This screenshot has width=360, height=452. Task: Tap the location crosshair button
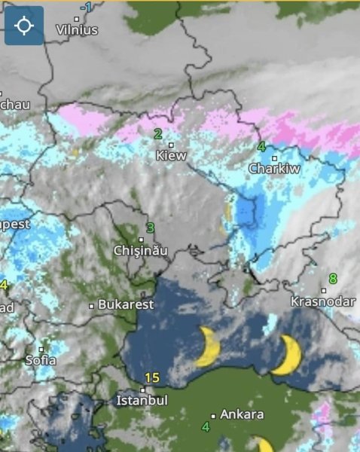[x=24, y=26]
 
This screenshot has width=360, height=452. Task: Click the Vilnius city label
[x=77, y=30]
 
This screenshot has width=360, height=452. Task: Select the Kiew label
[x=171, y=156]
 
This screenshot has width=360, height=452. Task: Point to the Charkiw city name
[x=274, y=169]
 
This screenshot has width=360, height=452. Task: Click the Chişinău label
[x=141, y=250]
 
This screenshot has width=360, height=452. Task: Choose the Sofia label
[x=41, y=360]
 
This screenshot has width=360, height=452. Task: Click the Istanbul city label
[x=142, y=401]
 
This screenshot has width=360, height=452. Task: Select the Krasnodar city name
[x=323, y=301]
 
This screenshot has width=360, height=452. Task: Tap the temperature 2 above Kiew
[x=158, y=134]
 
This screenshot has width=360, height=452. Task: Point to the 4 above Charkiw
[x=261, y=147]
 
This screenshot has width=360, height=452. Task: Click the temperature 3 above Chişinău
[x=151, y=228]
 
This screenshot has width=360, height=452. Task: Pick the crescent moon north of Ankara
[x=209, y=347]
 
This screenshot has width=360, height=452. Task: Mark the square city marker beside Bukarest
[x=92, y=306]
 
